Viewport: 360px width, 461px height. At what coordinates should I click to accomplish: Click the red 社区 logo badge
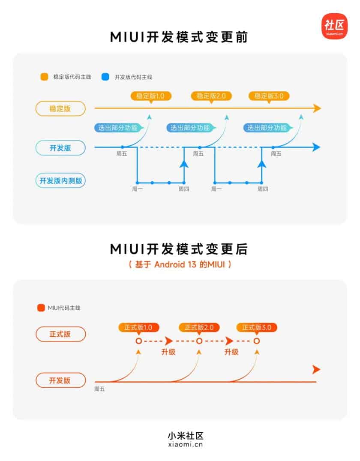(335, 26)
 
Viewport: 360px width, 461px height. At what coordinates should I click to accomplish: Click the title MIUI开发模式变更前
(180, 37)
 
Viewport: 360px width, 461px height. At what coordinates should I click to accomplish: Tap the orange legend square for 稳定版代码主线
(44, 77)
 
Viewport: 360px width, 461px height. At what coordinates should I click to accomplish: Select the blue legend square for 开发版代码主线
(105, 77)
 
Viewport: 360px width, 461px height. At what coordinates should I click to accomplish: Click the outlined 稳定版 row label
(60, 108)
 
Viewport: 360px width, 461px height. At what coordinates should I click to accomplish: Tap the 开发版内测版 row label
(60, 180)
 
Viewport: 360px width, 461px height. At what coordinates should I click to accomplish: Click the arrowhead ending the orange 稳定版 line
(317, 108)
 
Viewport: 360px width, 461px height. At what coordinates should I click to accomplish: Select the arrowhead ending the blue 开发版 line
(316, 147)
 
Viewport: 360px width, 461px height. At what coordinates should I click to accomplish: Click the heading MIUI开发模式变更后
(180, 249)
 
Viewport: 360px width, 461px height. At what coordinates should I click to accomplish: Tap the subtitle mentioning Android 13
(180, 265)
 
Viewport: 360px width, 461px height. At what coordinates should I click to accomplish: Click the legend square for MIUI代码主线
(41, 308)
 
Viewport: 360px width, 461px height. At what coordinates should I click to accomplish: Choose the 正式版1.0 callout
(138, 328)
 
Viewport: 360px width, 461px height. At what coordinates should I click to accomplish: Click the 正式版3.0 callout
(256, 328)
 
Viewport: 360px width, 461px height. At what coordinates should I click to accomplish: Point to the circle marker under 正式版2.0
(199, 341)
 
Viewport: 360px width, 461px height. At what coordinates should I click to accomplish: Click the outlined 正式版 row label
(60, 334)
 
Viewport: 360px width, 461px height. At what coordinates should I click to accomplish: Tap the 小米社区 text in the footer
(180, 436)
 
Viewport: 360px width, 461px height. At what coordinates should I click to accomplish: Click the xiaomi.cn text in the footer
(180, 445)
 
